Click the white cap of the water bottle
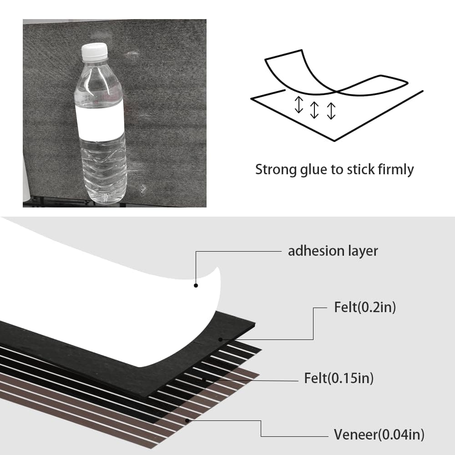pyautogui.click(x=94, y=52)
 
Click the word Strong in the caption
pyautogui.click(x=276, y=170)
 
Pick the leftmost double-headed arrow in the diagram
pyautogui.click(x=298, y=105)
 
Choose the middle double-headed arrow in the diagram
pyautogui.click(x=314, y=110)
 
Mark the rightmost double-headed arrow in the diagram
pyautogui.click(x=331, y=111)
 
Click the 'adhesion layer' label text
pyautogui.click(x=333, y=251)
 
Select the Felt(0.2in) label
pyautogui.click(x=365, y=307)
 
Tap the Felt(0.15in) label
pyautogui.click(x=339, y=378)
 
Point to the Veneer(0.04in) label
pyautogui.click(x=379, y=435)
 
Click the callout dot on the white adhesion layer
pyautogui.click(x=196, y=286)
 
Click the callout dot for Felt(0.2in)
pyautogui.click(x=221, y=339)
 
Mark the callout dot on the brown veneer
pyautogui.click(x=187, y=420)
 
